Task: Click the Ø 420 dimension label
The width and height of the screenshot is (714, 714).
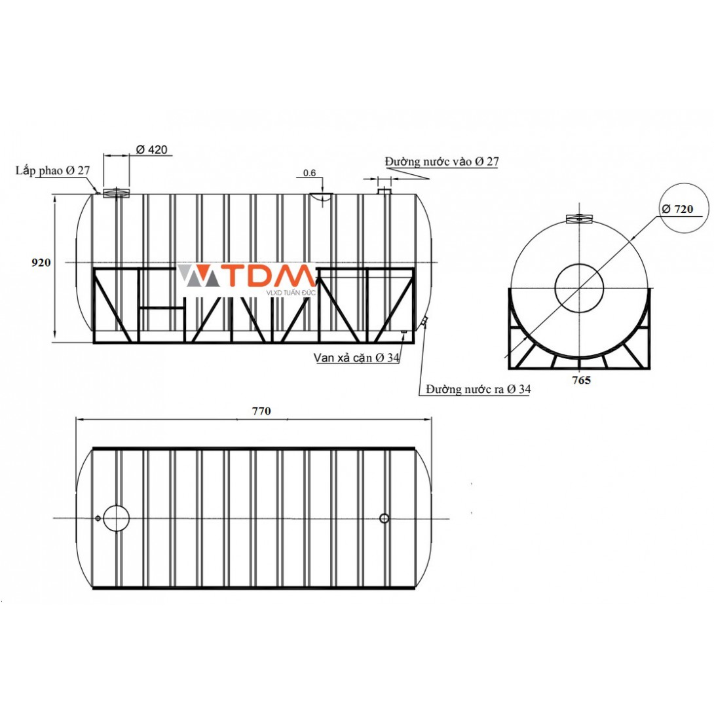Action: click(151, 149)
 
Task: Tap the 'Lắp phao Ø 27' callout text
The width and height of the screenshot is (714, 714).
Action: click(53, 170)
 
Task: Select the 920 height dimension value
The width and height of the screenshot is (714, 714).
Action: click(41, 262)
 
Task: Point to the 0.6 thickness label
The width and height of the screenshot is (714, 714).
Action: click(309, 173)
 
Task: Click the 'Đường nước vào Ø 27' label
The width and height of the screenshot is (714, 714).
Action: click(442, 162)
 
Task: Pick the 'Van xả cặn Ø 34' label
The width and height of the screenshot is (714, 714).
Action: click(356, 358)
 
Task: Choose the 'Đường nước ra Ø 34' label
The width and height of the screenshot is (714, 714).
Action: click(478, 389)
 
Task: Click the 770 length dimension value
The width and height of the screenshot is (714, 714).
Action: click(261, 411)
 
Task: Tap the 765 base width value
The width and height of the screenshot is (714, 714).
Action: click(582, 380)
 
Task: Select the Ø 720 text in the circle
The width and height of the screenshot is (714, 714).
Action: click(677, 209)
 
